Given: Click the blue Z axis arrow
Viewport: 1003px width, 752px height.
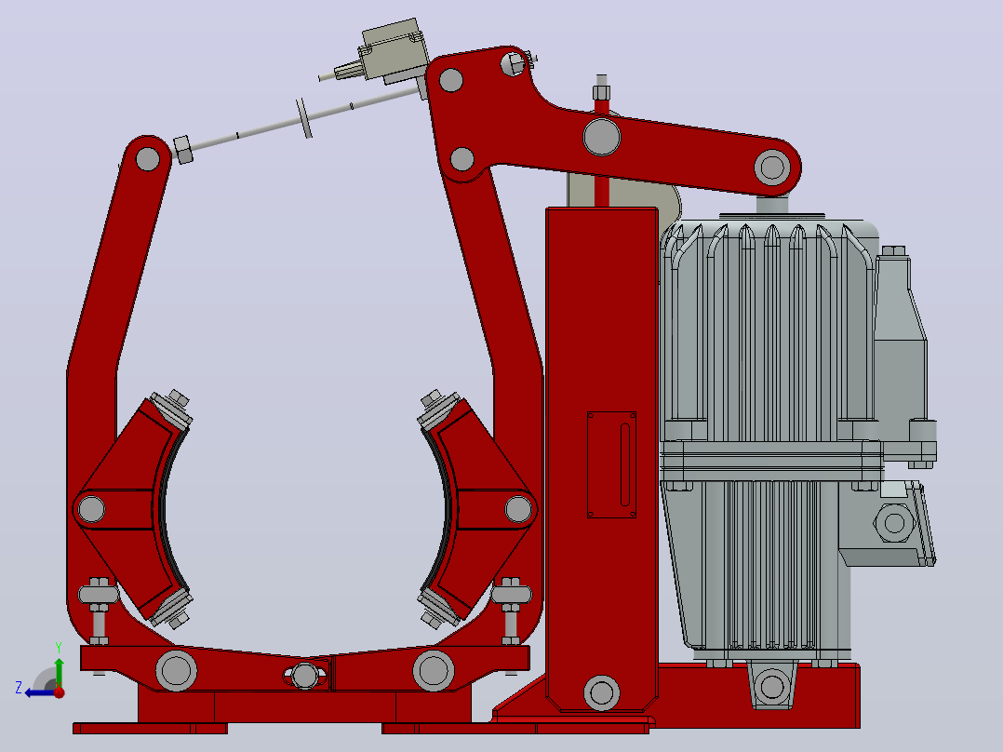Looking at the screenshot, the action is tap(38, 692).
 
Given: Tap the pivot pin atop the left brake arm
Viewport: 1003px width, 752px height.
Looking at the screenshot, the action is tap(148, 159).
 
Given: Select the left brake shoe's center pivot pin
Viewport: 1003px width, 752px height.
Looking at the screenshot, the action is tap(91, 509).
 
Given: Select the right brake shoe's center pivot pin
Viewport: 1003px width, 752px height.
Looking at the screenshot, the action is tap(517, 509).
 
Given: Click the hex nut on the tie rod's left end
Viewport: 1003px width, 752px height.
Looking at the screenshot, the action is tap(183, 150).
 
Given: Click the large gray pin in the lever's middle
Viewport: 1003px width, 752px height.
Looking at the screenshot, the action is tap(602, 137).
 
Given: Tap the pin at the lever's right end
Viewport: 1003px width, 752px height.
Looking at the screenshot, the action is tap(772, 167).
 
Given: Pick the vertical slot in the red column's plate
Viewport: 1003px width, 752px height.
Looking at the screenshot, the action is tap(625, 464).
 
